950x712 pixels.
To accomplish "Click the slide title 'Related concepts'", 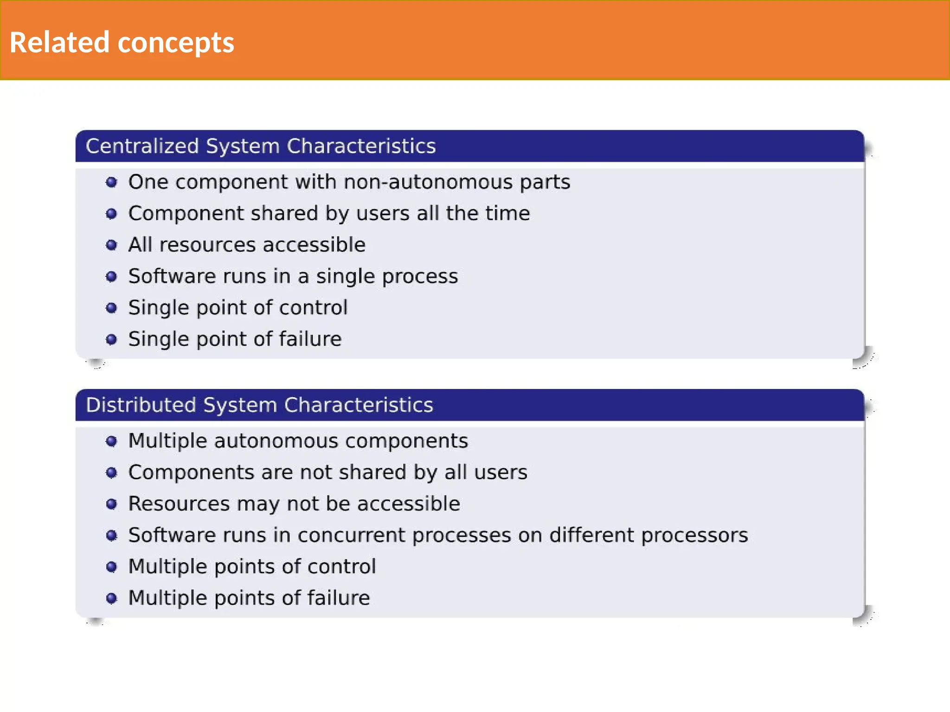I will pos(122,43).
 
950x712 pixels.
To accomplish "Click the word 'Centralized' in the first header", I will pos(142,146).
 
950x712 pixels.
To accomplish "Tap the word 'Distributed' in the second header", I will pos(141,405).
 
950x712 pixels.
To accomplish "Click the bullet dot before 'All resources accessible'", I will pos(111,245).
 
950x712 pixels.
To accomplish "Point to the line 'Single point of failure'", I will pos(235,339).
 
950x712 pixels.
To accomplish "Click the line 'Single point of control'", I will pos(237,308).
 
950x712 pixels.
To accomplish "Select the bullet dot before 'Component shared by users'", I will pos(111,214).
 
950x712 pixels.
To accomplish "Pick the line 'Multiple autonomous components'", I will pos(298,441).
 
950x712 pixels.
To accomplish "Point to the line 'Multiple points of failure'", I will pos(249,598).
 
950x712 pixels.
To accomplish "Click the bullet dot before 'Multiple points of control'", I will pos(111,567).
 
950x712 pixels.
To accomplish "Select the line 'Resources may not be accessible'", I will pos(294,504).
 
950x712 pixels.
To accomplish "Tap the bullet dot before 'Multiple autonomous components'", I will pos(111,441).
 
